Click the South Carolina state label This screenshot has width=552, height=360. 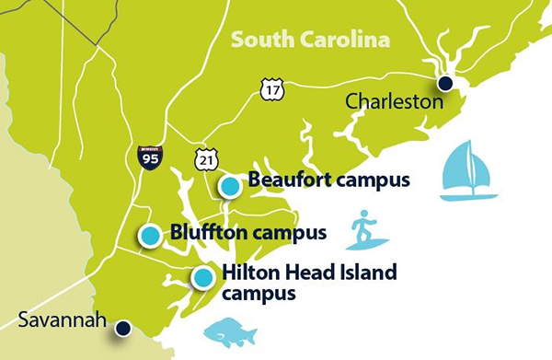[x=310, y=40]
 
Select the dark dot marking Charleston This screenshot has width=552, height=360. [x=445, y=84]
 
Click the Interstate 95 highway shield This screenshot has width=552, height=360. [x=150, y=157]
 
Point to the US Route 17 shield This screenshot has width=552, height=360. [x=272, y=88]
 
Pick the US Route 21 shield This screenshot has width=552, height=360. [x=206, y=158]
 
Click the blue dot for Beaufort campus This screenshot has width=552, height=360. [x=231, y=186]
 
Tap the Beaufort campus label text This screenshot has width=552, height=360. [x=328, y=180]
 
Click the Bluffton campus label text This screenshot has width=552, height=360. [x=247, y=231]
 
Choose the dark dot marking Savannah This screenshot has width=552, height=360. [x=122, y=327]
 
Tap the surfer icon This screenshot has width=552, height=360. [x=366, y=230]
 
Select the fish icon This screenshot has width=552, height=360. [x=228, y=332]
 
